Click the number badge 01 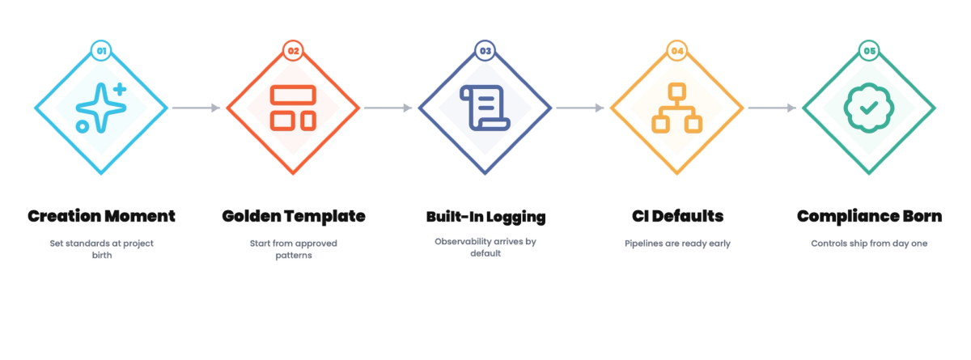pyautogui.click(x=101, y=51)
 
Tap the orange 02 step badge pyautogui.click(x=293, y=51)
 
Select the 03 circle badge pyautogui.click(x=485, y=51)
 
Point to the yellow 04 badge pyautogui.click(x=677, y=51)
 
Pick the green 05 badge pyautogui.click(x=869, y=51)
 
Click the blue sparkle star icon pyautogui.click(x=100, y=108)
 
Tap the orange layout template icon pyautogui.click(x=293, y=108)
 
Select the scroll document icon pyautogui.click(x=485, y=108)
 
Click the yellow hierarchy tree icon pyautogui.click(x=677, y=108)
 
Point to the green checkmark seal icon pyautogui.click(x=869, y=108)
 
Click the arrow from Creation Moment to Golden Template pyautogui.click(x=197, y=108)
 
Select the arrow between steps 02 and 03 pyautogui.click(x=388, y=108)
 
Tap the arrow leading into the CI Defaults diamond pyautogui.click(x=580, y=108)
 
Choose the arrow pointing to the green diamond pyautogui.click(x=772, y=108)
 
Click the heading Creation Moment pyautogui.click(x=101, y=216)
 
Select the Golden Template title pyautogui.click(x=294, y=216)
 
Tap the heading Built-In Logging pyautogui.click(x=485, y=217)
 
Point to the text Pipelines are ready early pyautogui.click(x=677, y=244)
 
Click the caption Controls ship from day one pyautogui.click(x=869, y=244)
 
